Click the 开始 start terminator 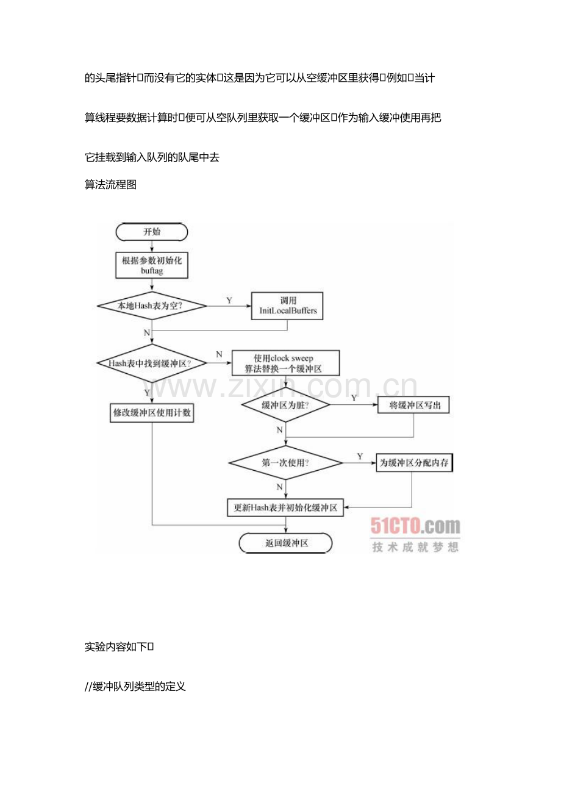coord(152,232)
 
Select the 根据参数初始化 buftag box coord(152,265)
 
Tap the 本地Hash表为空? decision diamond coord(152,306)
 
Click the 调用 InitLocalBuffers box coord(288,306)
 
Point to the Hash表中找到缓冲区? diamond coord(152,363)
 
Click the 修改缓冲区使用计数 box coord(152,413)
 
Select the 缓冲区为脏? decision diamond coord(286,405)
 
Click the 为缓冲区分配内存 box coord(415,463)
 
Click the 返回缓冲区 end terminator coord(286,543)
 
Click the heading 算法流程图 coord(110,184)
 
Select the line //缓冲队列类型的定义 coord(135,686)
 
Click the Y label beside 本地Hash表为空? coord(229,301)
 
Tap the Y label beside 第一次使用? coord(360,456)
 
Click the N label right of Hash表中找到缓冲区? coord(219,354)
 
